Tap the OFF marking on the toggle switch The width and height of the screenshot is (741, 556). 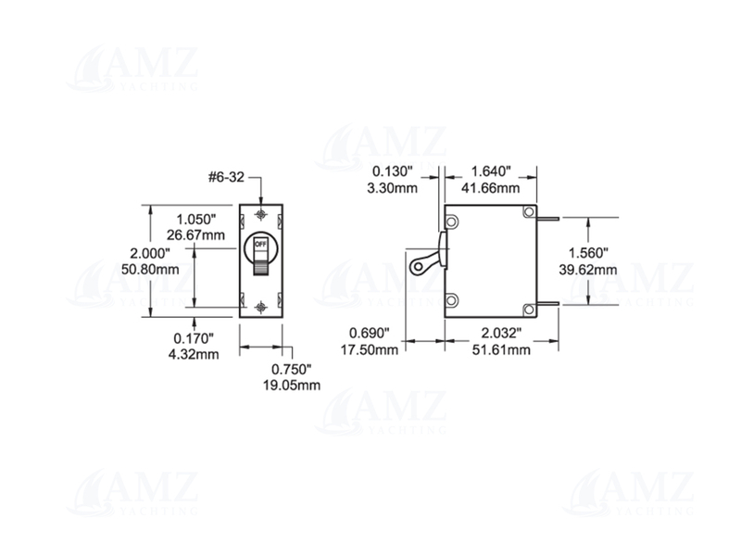260,245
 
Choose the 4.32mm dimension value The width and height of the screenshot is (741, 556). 196,354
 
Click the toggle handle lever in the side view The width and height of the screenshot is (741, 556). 423,262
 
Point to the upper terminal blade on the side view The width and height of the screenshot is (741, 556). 548,219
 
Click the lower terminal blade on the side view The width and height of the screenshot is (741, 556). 548,303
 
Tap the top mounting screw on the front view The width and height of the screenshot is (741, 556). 261,214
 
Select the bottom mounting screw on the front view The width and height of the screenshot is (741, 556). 261,306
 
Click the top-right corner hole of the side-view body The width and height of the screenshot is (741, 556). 528,213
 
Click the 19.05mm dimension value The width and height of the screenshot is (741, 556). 296,385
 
